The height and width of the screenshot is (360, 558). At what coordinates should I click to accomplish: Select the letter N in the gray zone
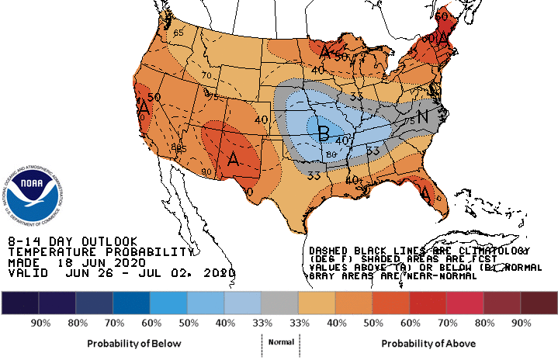(423, 117)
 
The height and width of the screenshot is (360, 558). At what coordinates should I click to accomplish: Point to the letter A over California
(144, 109)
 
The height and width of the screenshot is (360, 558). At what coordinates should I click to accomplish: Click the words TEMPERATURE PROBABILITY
(99, 252)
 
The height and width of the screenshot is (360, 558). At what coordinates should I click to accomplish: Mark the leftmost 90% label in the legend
(40, 322)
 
